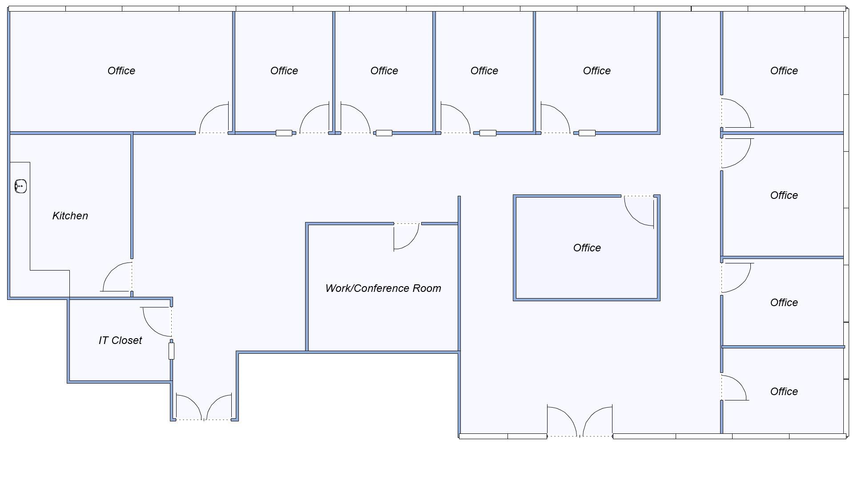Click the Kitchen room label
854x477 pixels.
click(x=70, y=216)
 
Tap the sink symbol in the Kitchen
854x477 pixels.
click(x=20, y=186)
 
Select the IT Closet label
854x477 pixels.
click(x=120, y=340)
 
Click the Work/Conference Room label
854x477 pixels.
click(x=383, y=288)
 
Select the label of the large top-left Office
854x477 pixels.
click(x=121, y=71)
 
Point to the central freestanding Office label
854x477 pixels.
click(x=587, y=248)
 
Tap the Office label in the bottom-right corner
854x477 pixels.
click(x=784, y=392)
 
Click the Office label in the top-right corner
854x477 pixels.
click(x=784, y=71)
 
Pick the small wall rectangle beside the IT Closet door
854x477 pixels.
click(x=171, y=351)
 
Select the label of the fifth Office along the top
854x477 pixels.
click(x=597, y=71)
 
